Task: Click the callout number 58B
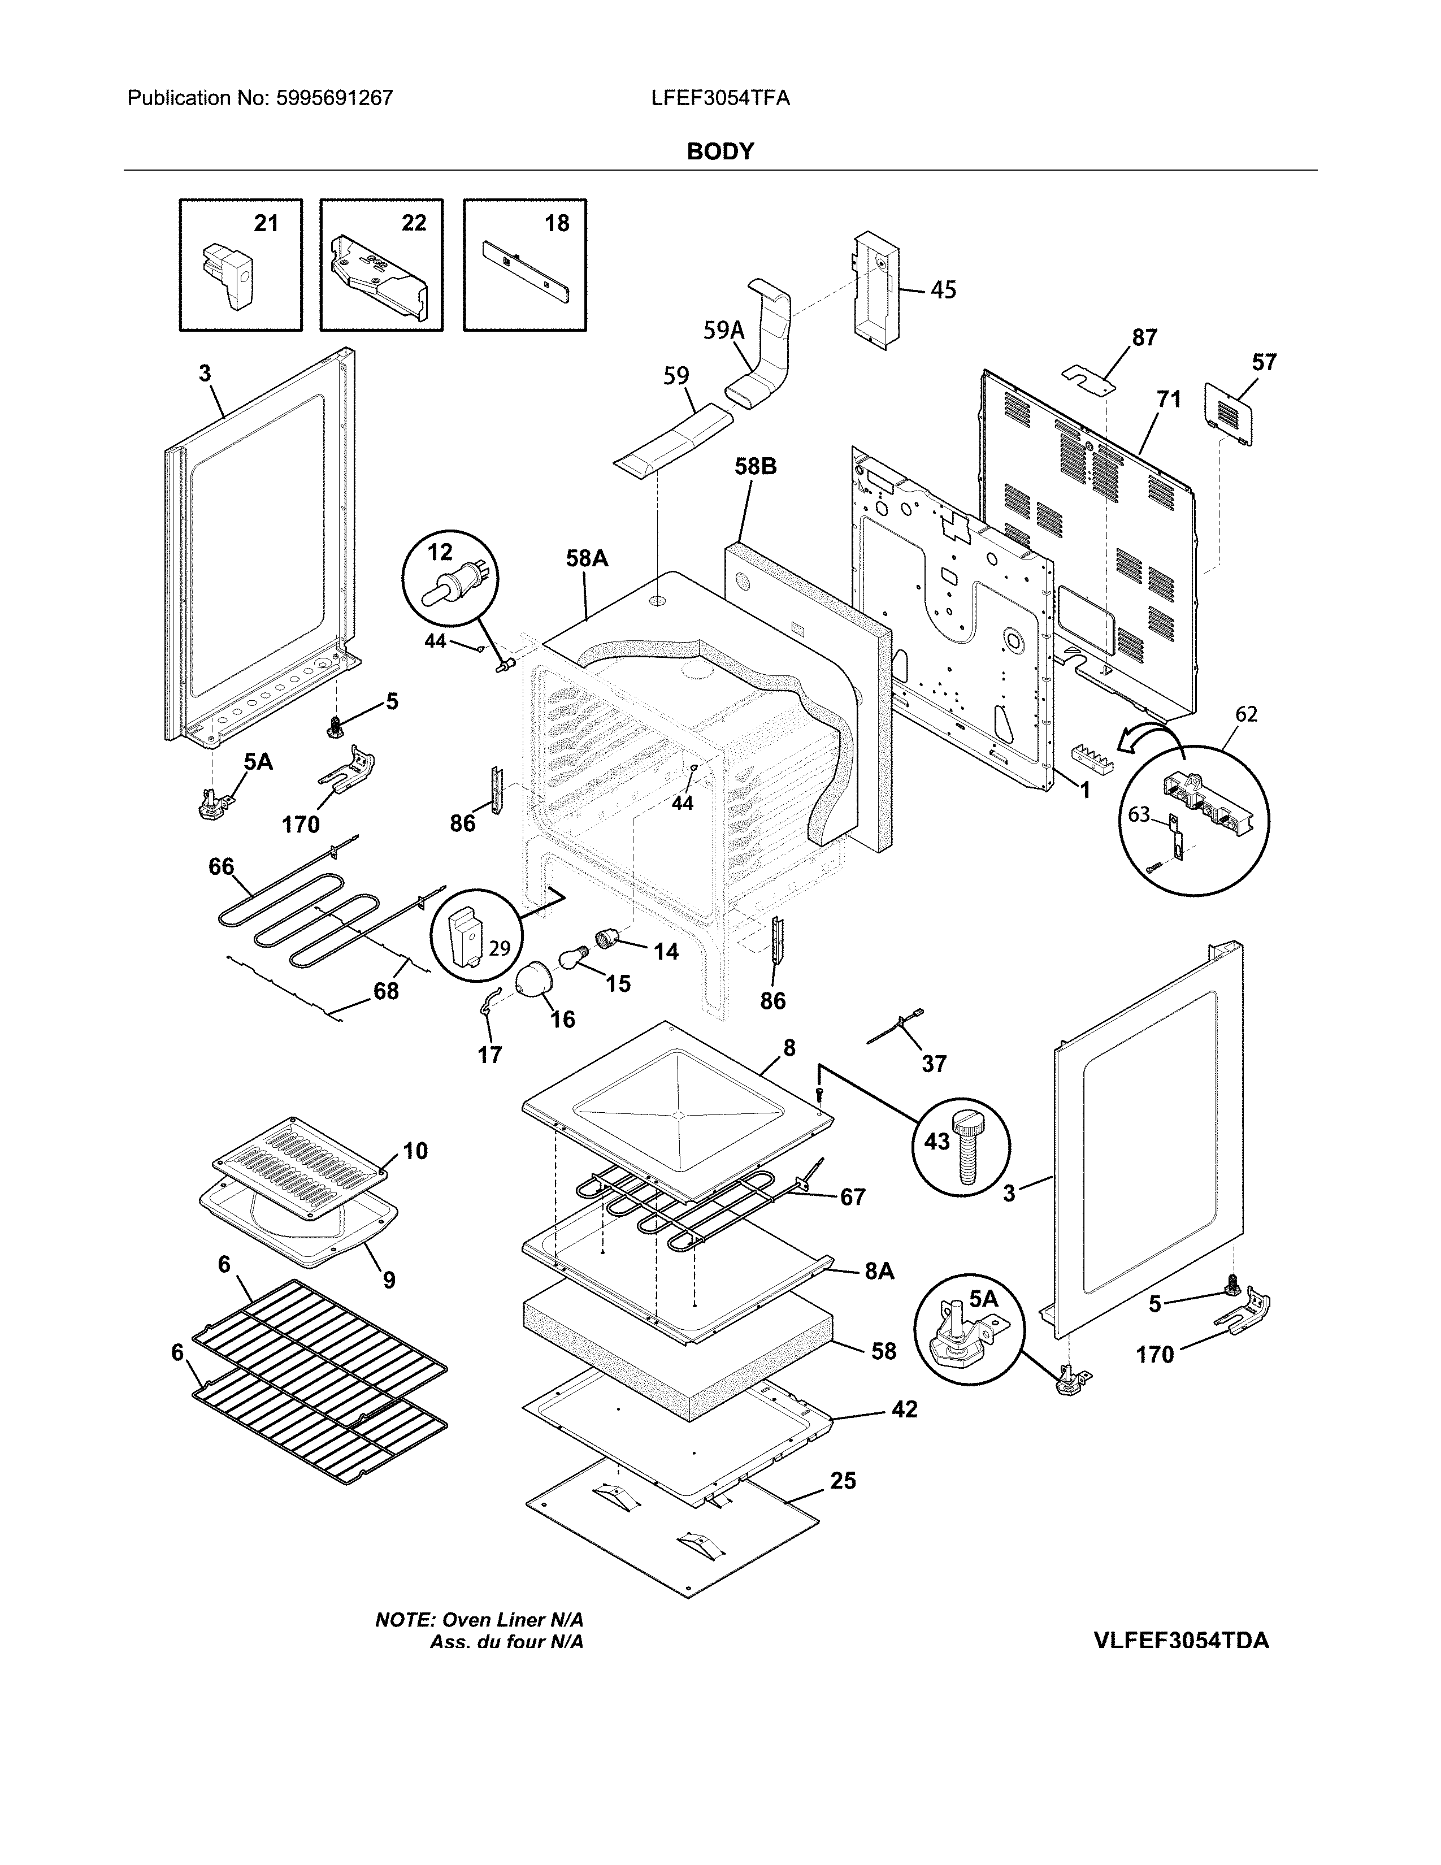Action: tap(756, 467)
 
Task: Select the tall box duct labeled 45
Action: tap(875, 290)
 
